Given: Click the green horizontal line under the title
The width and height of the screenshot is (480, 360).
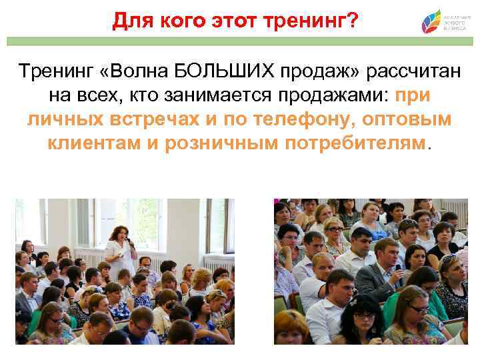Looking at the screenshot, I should (240, 41).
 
